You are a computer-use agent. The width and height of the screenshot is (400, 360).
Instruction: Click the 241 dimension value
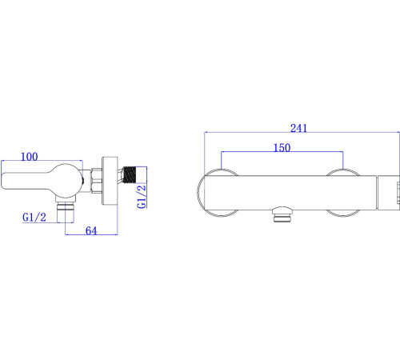(x=299, y=128)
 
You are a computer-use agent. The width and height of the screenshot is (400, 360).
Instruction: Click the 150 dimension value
(x=280, y=148)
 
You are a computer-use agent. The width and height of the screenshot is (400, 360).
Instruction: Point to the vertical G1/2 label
(x=142, y=197)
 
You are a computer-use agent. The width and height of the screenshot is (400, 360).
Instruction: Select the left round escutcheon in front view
(x=219, y=192)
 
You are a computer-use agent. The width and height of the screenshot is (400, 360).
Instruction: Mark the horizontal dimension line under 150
(x=282, y=154)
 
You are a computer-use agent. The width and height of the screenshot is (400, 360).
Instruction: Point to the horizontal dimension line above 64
(x=91, y=237)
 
